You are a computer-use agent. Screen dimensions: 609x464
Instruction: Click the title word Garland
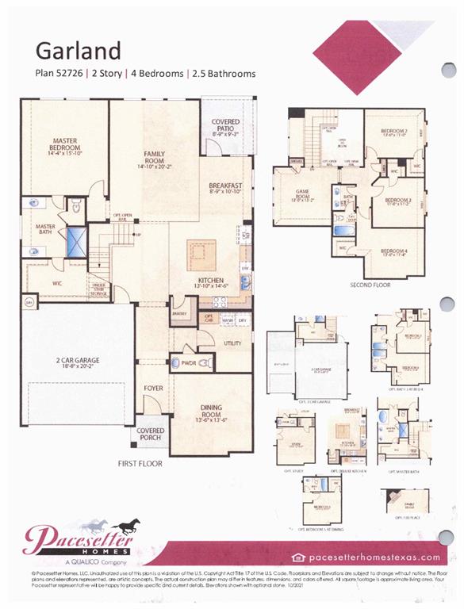pos(79,50)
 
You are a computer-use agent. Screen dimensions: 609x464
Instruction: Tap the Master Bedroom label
pos(64,147)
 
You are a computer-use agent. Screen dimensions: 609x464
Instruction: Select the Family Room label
pos(153,159)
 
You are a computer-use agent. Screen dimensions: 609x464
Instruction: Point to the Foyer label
pos(153,389)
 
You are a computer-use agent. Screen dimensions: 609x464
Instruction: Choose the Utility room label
pos(232,343)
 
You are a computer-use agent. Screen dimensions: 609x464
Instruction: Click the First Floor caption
pos(139,462)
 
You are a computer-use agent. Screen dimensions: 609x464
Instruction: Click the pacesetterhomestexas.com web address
pos(373,557)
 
